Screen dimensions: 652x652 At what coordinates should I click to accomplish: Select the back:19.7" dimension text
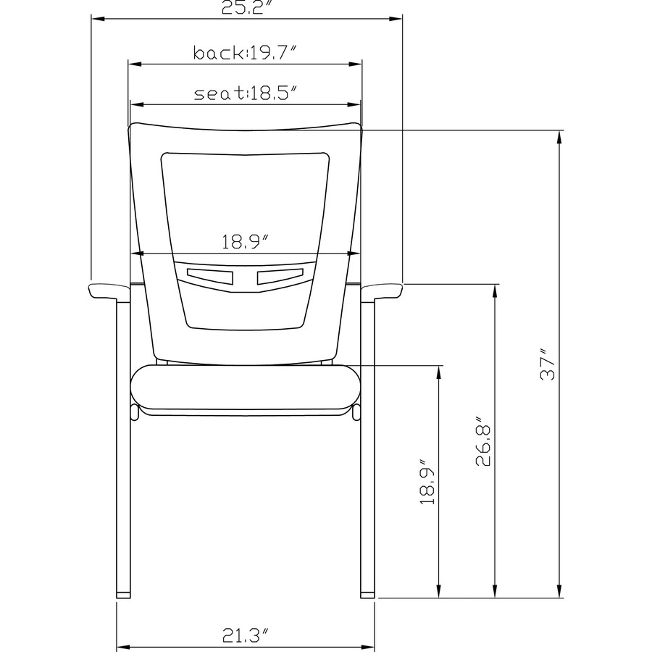[x=246, y=53]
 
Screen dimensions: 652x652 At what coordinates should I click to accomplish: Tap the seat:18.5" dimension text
[x=246, y=93]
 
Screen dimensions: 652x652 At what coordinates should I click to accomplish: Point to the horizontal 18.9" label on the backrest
[x=246, y=242]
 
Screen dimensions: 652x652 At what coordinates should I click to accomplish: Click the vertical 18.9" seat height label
[x=427, y=482]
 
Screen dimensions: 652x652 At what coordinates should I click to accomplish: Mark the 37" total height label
[x=548, y=365]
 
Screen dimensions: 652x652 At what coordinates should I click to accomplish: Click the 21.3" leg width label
[x=246, y=635]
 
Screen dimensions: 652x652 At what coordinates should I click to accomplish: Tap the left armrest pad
[x=109, y=291]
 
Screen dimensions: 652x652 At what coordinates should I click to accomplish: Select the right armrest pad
[x=382, y=291]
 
